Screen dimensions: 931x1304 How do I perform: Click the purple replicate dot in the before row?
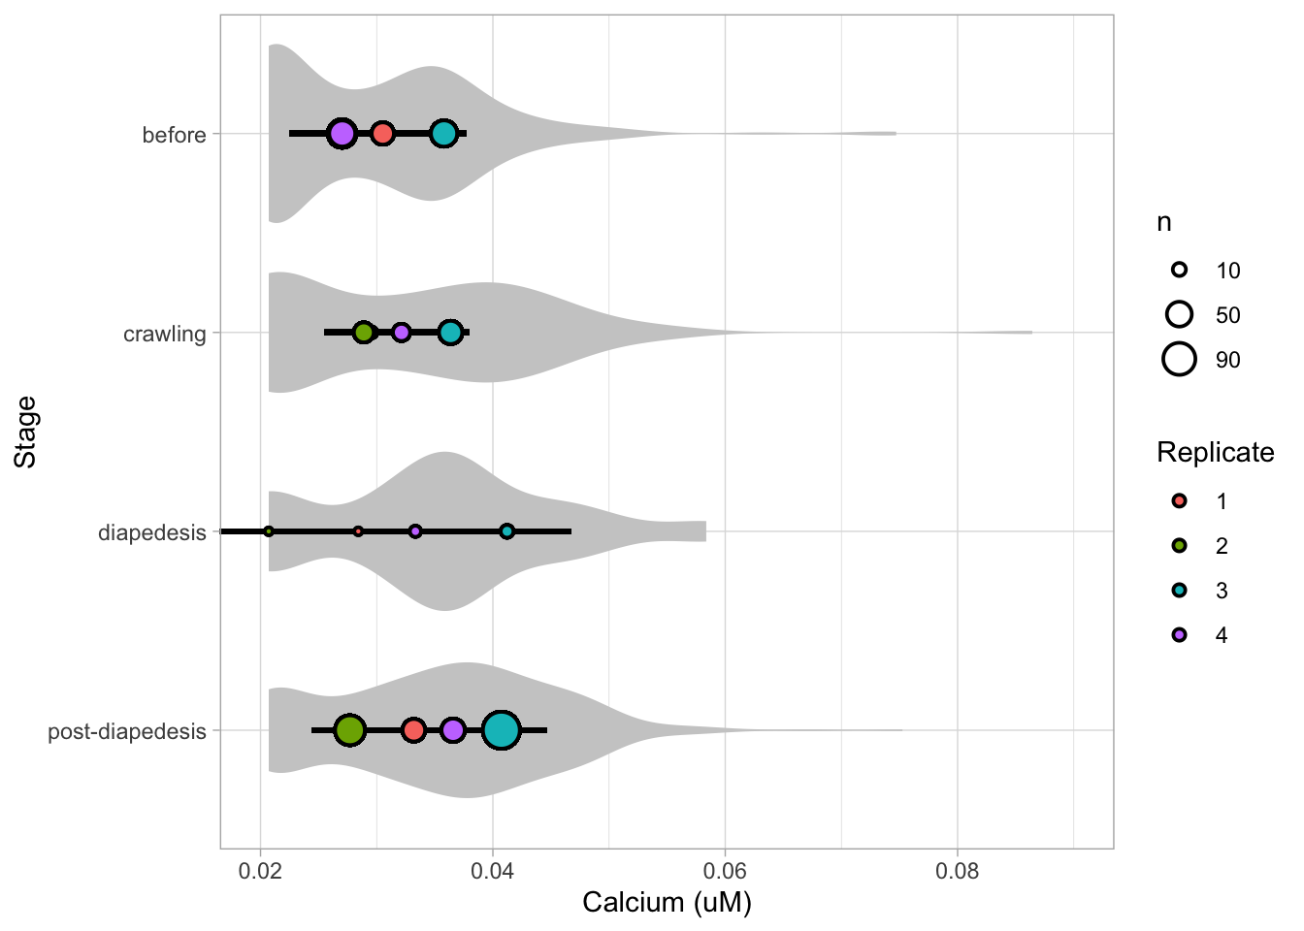tap(341, 134)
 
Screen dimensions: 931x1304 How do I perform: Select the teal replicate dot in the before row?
tap(444, 134)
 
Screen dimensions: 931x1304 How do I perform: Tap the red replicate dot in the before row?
tap(382, 134)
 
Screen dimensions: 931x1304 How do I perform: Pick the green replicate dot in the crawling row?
tap(363, 333)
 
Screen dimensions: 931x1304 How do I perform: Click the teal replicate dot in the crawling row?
tap(450, 333)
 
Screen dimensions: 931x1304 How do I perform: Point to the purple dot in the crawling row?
tap(401, 333)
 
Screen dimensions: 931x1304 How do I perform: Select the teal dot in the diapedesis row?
tap(506, 531)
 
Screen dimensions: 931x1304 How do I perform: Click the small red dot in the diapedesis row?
tap(358, 531)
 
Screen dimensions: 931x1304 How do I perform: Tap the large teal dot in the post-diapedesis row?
tap(501, 730)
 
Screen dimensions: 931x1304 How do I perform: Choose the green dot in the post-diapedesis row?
tap(349, 730)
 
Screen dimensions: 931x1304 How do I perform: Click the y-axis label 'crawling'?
tap(165, 335)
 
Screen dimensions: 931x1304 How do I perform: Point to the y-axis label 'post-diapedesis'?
tap(127, 732)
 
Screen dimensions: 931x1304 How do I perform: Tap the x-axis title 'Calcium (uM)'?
tap(667, 904)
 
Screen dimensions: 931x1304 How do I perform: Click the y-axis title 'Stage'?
tap(26, 432)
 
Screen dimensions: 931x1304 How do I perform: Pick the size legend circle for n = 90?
tap(1179, 360)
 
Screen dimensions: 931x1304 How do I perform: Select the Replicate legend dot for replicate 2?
tap(1179, 546)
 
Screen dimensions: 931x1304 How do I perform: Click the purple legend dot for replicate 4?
tap(1179, 635)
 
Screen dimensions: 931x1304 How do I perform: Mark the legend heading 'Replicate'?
tap(1215, 453)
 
